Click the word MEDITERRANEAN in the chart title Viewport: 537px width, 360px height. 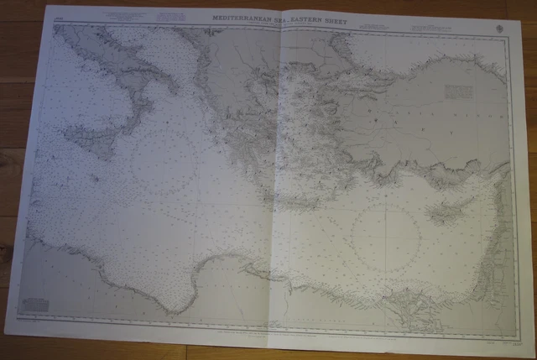pyautogui.click(x=238, y=17)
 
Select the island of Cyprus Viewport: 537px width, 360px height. pyautogui.click(x=450, y=201)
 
